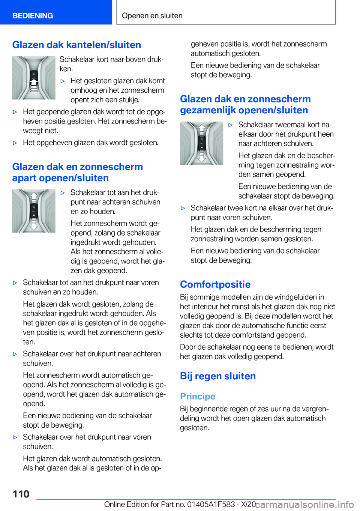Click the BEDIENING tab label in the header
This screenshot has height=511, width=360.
pos(33,16)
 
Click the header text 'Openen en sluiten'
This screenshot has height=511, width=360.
pos(152,16)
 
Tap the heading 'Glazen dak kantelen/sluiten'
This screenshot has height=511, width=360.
pos(76,45)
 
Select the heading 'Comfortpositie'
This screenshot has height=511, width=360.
pos(215,284)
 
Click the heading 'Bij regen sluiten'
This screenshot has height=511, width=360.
pos(218,376)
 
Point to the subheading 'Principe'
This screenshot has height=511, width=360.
pos(198,396)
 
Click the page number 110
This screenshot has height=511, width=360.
pos(21,494)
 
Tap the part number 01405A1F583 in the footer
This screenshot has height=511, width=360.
pos(211,504)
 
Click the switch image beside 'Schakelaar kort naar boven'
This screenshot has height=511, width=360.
pos(34,78)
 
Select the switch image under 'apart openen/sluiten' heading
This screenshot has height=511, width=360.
pos(34,211)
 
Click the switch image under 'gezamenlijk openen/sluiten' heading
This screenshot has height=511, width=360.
pos(202,143)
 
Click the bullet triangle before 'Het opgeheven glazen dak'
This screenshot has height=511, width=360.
pos(15,143)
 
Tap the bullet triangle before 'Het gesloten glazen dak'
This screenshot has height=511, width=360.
pos(63,81)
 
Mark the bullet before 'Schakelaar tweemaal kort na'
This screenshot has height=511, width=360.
pos(231,125)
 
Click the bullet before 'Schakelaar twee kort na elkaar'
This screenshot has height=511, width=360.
pos(183,208)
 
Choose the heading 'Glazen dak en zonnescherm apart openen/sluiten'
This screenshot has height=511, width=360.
pos(77,172)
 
